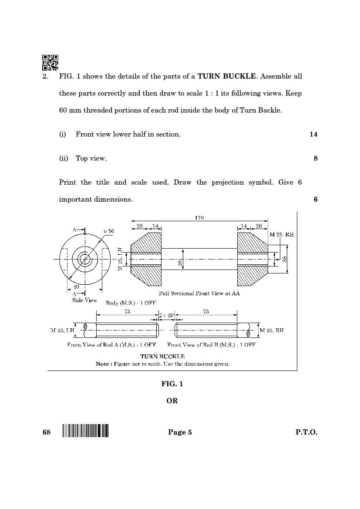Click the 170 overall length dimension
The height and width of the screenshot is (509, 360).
click(199, 217)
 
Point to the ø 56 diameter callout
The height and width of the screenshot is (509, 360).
click(109, 231)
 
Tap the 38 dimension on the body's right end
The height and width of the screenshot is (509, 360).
click(284, 259)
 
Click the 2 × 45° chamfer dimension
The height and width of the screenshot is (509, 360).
click(166, 315)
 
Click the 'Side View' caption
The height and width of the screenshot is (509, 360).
click(84, 300)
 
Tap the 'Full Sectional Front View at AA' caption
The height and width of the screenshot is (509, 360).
click(199, 293)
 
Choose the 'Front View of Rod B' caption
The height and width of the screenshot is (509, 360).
click(211, 344)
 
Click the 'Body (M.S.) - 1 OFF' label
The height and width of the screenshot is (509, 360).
click(131, 303)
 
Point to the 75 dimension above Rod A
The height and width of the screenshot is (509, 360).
click(128, 312)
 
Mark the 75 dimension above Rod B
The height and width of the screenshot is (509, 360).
click(206, 312)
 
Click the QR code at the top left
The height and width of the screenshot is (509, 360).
click(50, 62)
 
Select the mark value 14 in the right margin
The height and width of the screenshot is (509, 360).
click(313, 134)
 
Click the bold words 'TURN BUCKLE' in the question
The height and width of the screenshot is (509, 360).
click(226, 76)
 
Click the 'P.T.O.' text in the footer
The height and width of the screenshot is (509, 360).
click(306, 432)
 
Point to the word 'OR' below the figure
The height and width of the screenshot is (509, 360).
click(172, 401)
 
